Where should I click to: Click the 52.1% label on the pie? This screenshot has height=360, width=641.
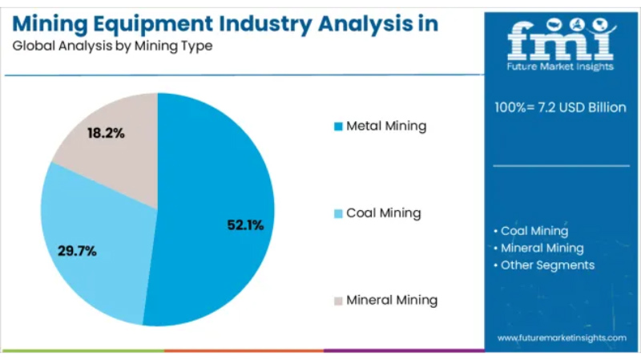click(245, 225)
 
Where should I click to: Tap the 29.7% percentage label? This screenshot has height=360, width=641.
click(77, 251)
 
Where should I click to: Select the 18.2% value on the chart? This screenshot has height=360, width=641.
click(106, 133)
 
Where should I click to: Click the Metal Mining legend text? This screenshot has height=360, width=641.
click(386, 126)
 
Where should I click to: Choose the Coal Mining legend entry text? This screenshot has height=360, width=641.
click(383, 213)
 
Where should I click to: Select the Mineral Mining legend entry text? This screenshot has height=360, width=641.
click(392, 301)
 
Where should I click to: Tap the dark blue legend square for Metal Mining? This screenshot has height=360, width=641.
click(338, 127)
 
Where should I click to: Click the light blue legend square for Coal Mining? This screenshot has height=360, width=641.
click(338, 214)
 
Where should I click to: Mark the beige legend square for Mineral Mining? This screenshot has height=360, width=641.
click(338, 301)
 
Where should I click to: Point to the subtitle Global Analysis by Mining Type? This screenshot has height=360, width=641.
click(112, 46)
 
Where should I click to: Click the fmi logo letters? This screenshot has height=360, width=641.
click(561, 40)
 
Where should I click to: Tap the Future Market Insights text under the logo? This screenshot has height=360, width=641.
click(561, 67)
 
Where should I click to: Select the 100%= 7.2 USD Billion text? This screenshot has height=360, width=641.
click(561, 107)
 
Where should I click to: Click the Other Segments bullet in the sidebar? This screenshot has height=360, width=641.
click(547, 265)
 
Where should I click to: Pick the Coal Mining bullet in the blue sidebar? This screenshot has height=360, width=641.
click(534, 231)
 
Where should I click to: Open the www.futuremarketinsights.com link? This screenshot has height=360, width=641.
click(562, 338)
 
